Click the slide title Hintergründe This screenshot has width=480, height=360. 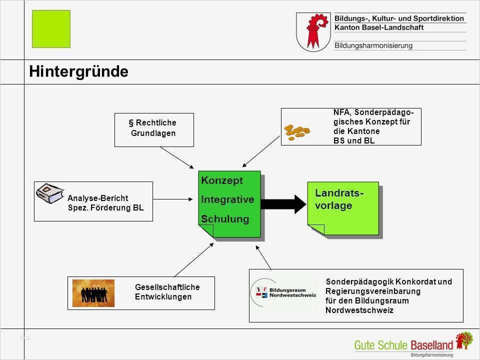point(78,72)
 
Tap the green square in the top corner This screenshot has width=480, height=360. point(51,29)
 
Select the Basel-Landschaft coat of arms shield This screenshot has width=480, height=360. point(313,32)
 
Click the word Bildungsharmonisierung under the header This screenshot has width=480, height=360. point(373,45)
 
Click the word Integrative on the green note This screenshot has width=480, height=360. point(227,199)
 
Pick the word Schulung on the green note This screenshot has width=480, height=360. point(224,219)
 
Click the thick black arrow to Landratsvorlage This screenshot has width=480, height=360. point(282,203)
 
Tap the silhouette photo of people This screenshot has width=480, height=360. point(93,293)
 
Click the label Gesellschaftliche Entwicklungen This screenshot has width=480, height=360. point(167,292)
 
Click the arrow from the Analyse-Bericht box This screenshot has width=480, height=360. point(172,199)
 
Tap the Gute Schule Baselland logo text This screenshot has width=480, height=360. point(403,344)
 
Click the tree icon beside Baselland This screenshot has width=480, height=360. point(464,340)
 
